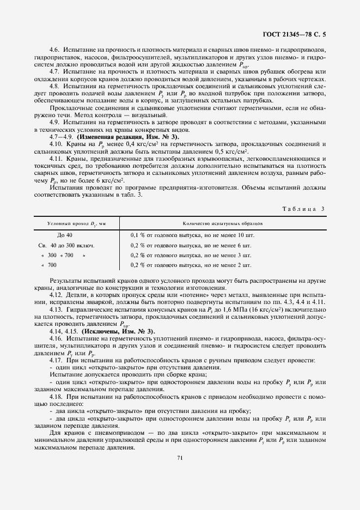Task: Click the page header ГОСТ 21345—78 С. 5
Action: pos(301,34)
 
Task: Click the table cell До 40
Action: pos(64,235)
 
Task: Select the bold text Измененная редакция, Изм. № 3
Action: pos(107,137)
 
